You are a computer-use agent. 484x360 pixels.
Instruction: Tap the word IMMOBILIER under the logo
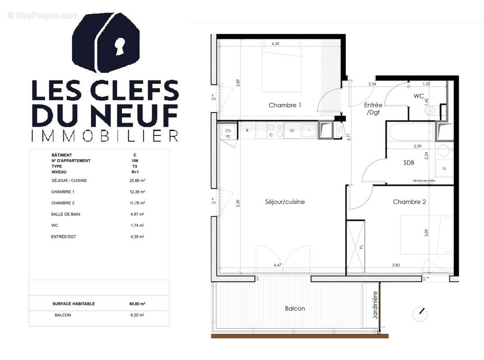click(104, 135)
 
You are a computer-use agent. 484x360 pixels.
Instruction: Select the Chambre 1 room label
click(285, 105)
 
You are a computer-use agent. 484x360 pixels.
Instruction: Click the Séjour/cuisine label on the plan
click(285, 202)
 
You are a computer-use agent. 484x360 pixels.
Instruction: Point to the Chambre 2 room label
click(409, 202)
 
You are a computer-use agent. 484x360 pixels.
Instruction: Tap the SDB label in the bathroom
click(408, 163)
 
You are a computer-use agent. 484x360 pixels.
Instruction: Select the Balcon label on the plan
click(295, 309)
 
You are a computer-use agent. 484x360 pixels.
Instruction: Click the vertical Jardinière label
click(375, 306)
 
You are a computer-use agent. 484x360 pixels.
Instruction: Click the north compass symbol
click(420, 314)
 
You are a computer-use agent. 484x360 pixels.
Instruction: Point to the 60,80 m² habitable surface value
click(137, 304)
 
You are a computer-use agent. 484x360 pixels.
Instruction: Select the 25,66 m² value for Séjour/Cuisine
click(137, 180)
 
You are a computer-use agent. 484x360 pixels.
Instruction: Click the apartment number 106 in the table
click(135, 161)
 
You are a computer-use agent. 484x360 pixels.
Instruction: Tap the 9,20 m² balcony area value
click(137, 315)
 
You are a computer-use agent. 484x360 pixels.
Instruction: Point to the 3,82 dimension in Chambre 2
click(396, 265)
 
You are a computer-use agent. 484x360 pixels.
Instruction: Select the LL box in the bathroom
click(444, 168)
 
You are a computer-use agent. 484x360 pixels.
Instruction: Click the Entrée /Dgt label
click(373, 108)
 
